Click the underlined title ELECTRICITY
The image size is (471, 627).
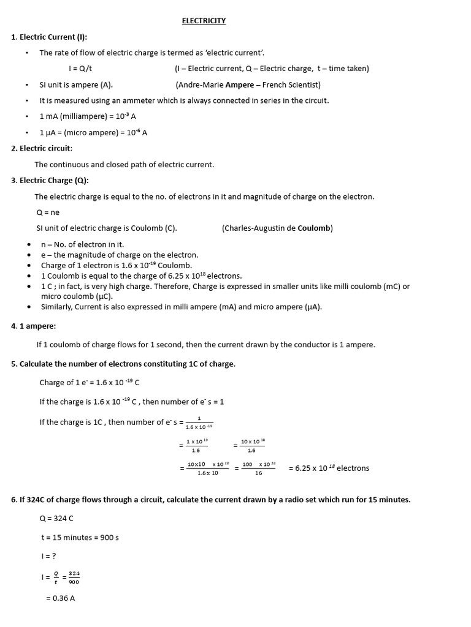(204, 21)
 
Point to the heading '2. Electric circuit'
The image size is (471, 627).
(42, 148)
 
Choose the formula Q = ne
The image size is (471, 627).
(48, 212)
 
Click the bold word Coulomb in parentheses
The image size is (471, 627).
(314, 228)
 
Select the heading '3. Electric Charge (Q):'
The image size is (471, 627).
(50, 180)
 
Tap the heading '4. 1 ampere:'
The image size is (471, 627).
(33, 327)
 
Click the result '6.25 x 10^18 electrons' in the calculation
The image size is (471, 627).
(329, 468)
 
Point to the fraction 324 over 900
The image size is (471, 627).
(74, 577)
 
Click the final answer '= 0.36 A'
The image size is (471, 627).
(60, 598)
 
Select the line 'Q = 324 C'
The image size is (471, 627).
(56, 519)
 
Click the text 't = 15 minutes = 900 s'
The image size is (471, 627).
(80, 538)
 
